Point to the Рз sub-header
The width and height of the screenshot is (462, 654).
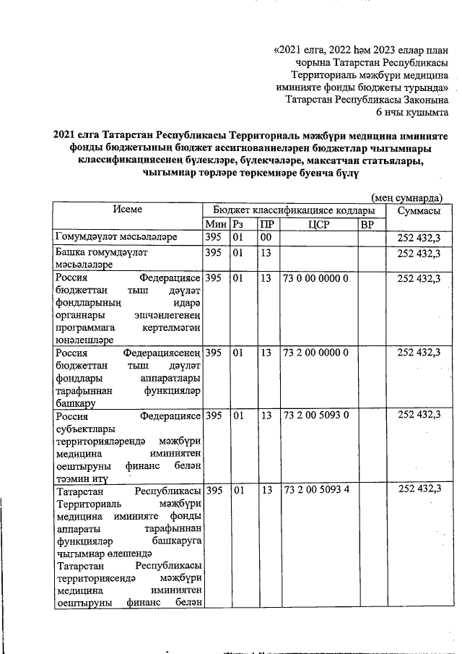(x=238, y=224)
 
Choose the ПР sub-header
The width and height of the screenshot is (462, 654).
(x=266, y=224)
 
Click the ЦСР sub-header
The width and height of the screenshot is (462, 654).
(x=318, y=224)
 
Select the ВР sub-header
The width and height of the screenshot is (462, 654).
(x=367, y=224)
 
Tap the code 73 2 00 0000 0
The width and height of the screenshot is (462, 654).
(x=316, y=352)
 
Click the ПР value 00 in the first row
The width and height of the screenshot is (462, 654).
(x=266, y=238)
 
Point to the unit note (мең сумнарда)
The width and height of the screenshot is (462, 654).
(x=406, y=197)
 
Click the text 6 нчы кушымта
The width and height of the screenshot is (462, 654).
(x=413, y=113)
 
